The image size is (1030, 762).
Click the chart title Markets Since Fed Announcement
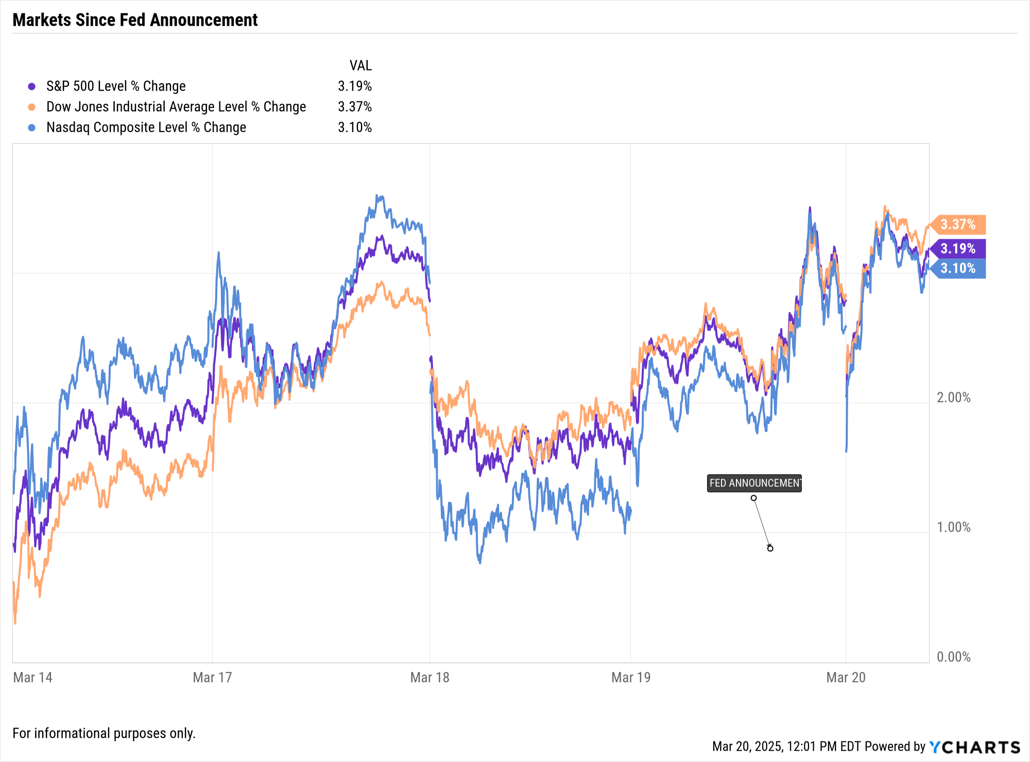[135, 20]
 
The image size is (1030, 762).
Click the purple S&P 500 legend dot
[32, 86]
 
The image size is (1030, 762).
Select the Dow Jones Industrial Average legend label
[176, 107]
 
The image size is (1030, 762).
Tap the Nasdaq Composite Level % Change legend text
[146, 127]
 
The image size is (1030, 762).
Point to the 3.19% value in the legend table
[354, 86]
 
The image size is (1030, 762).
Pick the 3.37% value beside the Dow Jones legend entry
[354, 107]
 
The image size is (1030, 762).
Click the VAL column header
[360, 65]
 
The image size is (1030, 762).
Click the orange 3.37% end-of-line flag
[958, 224]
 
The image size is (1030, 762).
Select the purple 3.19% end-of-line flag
[958, 249]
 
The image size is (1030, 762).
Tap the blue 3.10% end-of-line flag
[958, 268]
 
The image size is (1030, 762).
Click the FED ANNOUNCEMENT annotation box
[754, 483]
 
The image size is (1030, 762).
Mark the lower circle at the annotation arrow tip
[770, 548]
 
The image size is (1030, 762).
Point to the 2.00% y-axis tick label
[953, 397]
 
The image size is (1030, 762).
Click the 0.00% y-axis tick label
[953, 657]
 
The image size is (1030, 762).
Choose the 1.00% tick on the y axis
[953, 527]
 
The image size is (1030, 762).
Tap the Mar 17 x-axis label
[212, 677]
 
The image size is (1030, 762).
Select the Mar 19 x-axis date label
[630, 677]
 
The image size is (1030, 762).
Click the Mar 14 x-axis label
[32, 677]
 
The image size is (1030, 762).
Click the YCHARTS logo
[974, 747]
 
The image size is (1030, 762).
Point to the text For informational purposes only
[104, 733]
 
